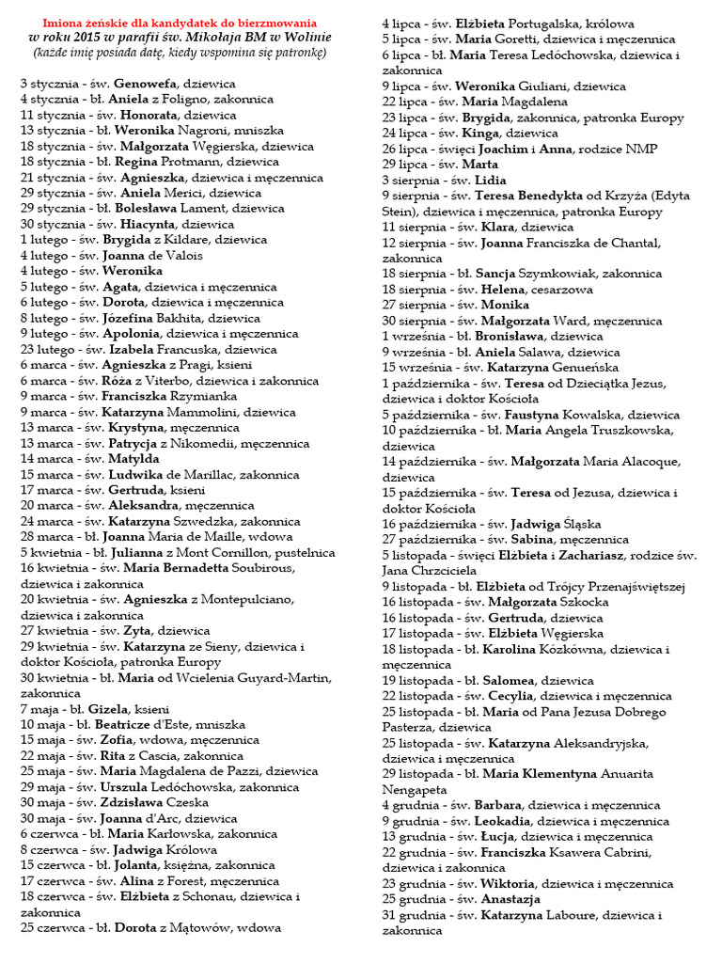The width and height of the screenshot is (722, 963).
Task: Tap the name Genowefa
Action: coord(146,84)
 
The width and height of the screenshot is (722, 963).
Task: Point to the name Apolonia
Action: coord(133,334)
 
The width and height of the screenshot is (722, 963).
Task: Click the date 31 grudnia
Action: coord(413,915)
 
